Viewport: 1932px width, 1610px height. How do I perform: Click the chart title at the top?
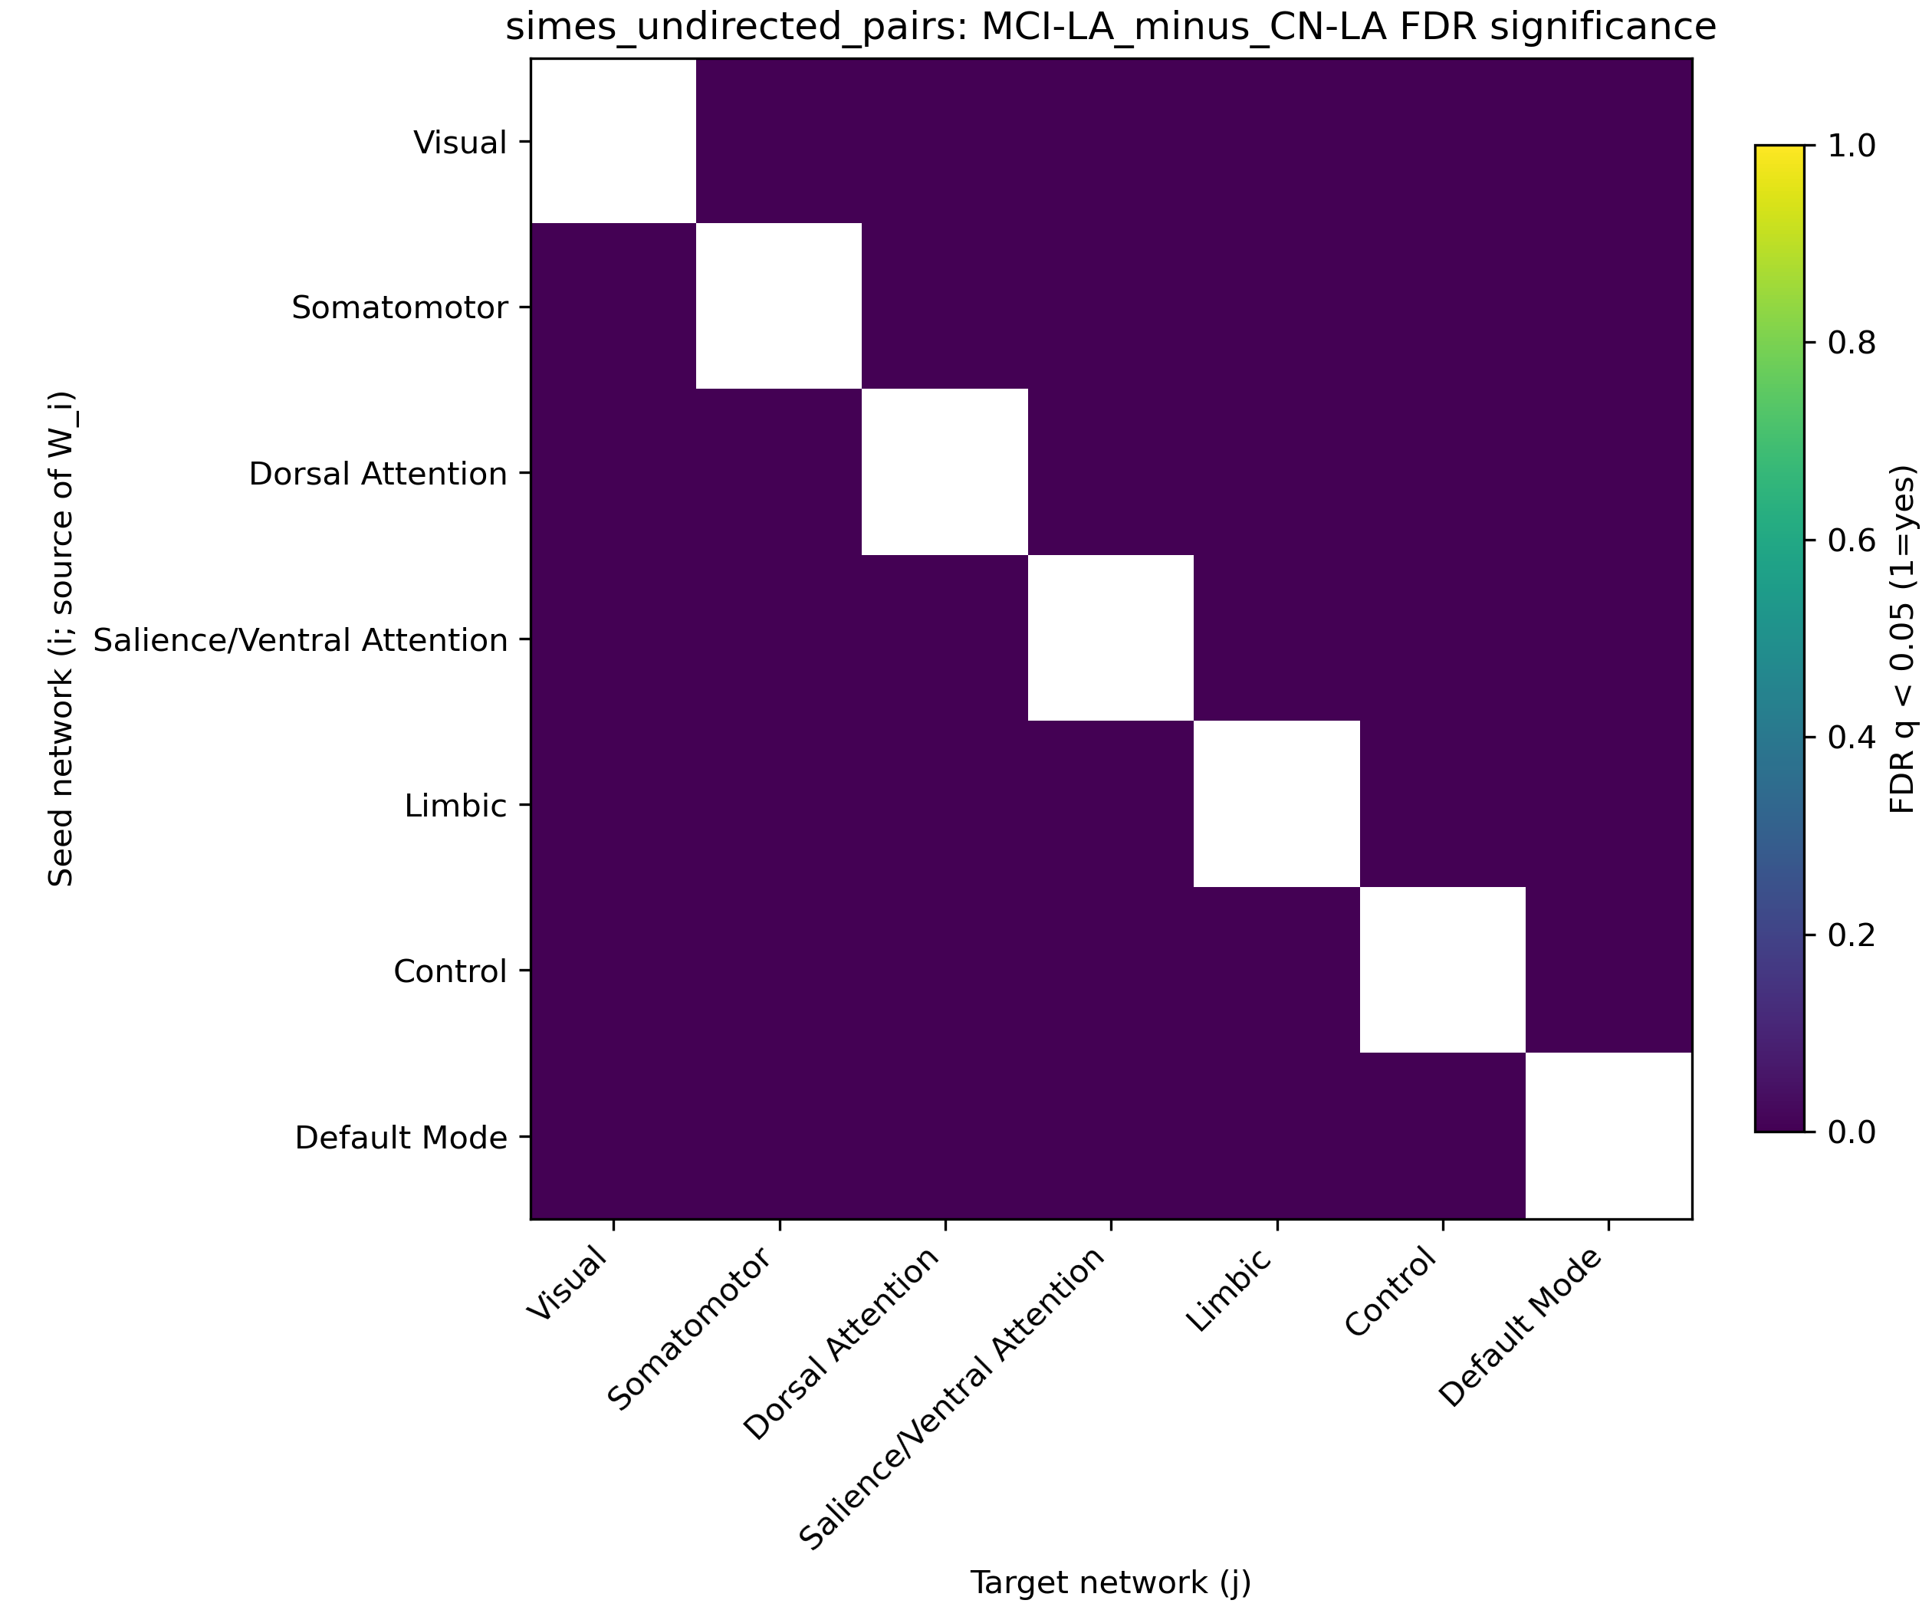click(x=1110, y=28)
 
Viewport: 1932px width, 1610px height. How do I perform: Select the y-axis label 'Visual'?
click(x=460, y=143)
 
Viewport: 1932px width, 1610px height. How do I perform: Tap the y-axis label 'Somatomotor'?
click(x=399, y=308)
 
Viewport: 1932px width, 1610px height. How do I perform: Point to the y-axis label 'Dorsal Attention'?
click(x=378, y=474)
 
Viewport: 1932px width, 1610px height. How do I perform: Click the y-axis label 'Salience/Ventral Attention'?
click(x=301, y=639)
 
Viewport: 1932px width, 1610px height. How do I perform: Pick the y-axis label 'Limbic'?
click(x=455, y=806)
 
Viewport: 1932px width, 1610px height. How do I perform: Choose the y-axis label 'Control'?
click(x=450, y=971)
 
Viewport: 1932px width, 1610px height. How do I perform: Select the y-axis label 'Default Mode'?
click(x=401, y=1138)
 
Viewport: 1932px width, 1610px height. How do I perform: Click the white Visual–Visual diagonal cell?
click(x=613, y=141)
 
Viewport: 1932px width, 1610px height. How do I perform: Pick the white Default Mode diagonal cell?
click(x=1608, y=1135)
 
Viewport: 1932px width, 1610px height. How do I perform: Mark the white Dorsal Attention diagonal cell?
click(x=944, y=472)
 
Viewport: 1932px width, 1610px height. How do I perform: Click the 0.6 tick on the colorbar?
click(x=1809, y=540)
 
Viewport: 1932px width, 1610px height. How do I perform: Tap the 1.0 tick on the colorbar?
click(x=1809, y=146)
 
